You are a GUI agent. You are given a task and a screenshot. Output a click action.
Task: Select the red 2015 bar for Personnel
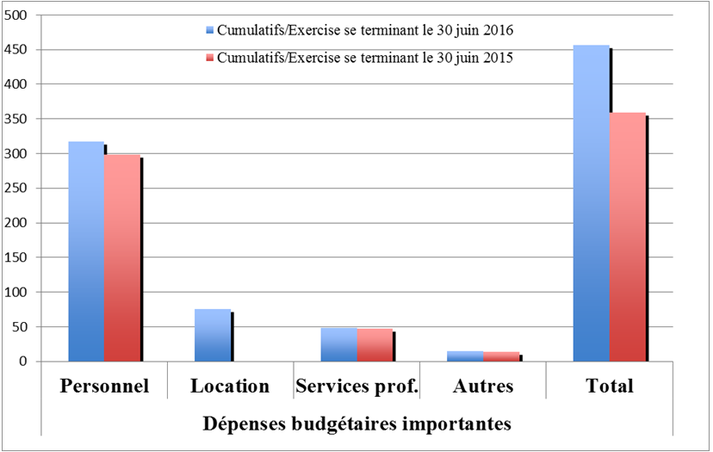point(122,258)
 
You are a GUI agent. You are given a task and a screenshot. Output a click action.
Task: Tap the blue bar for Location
point(213,335)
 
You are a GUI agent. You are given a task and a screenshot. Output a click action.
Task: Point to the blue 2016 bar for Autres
point(465,356)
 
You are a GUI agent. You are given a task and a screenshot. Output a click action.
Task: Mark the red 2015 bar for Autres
point(501,356)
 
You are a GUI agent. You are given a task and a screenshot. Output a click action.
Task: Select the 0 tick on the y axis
point(24,362)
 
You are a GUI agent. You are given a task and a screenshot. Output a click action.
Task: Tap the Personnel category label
point(104,386)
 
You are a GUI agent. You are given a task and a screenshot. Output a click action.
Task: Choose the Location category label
point(230,386)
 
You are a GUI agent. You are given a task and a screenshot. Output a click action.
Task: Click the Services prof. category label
point(356,386)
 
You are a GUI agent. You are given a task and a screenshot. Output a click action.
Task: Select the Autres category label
point(483,386)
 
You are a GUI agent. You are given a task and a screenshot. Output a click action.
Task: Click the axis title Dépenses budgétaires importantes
point(356,424)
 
